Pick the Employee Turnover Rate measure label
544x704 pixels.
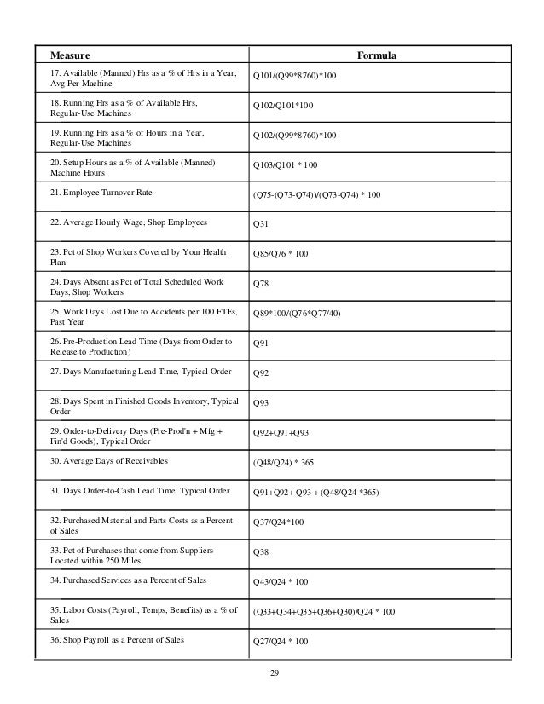coord(101,193)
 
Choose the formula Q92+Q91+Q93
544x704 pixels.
coord(281,432)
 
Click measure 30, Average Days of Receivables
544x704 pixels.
coord(108,461)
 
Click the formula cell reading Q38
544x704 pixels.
coord(259,551)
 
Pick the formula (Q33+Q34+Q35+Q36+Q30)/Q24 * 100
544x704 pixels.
coord(325,611)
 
